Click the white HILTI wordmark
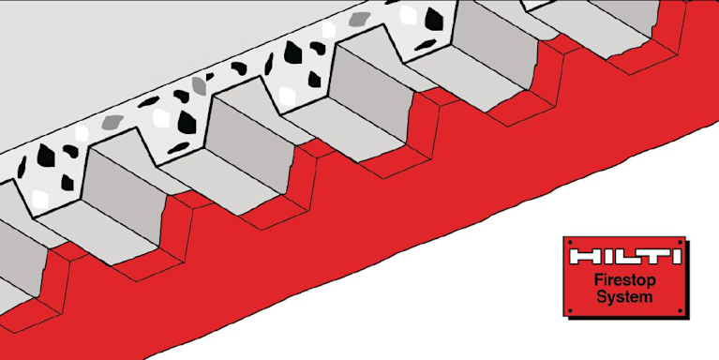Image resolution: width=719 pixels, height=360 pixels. pyautogui.click(x=625, y=256)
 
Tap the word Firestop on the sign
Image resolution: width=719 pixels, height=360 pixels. pyautogui.click(x=624, y=281)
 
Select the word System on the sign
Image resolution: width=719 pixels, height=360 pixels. pyautogui.click(x=624, y=296)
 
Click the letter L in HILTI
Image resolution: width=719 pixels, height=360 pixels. pyautogui.click(x=626, y=256)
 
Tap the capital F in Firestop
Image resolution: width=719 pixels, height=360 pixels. pyautogui.click(x=599, y=279)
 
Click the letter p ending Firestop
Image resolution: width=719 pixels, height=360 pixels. pyautogui.click(x=652, y=282)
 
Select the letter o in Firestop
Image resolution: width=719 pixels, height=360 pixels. pyautogui.click(x=641, y=281)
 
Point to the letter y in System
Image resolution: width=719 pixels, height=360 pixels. pyautogui.click(x=610, y=299)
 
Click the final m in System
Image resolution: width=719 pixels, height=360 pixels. pyautogui.click(x=646, y=297)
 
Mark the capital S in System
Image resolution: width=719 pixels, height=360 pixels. pyautogui.click(x=601, y=296)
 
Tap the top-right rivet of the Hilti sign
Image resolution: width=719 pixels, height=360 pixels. pyautogui.click(x=681, y=241)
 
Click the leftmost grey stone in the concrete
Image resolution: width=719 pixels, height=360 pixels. pyautogui.click(x=112, y=122)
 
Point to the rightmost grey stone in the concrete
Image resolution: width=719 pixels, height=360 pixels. pyautogui.click(x=360, y=19)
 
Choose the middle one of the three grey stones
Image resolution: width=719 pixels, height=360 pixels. pyautogui.click(x=200, y=85)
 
